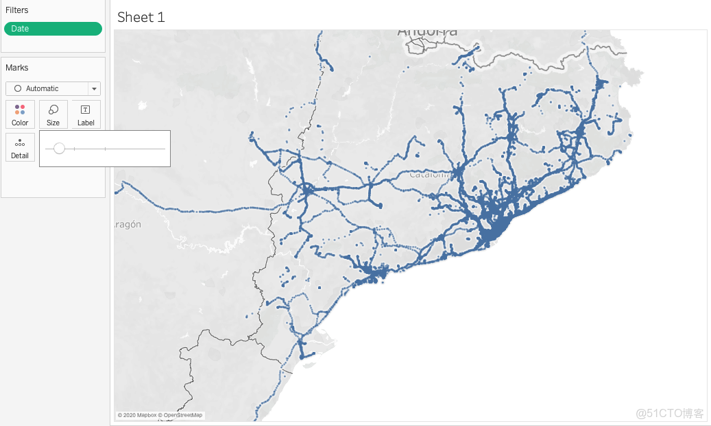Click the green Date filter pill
pos(53,29)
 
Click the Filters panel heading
pos(17,10)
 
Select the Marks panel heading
pos(17,68)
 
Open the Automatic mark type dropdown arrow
pos(94,89)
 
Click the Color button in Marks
pos(20,114)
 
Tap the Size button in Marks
pos(53,114)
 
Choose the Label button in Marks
pos(86,114)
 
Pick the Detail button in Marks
pos(20,147)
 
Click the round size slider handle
pos(59,149)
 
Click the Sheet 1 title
pos(141,17)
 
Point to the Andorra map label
pos(427,32)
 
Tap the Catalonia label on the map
pos(429,174)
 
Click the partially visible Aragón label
pos(128,224)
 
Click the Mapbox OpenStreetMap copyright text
pos(160,415)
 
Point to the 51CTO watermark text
pos(669,413)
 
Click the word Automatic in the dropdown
pos(42,89)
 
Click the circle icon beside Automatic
pos(18,89)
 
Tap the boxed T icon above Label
pos(86,110)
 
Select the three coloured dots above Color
pos(20,110)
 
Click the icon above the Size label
pos(53,110)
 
